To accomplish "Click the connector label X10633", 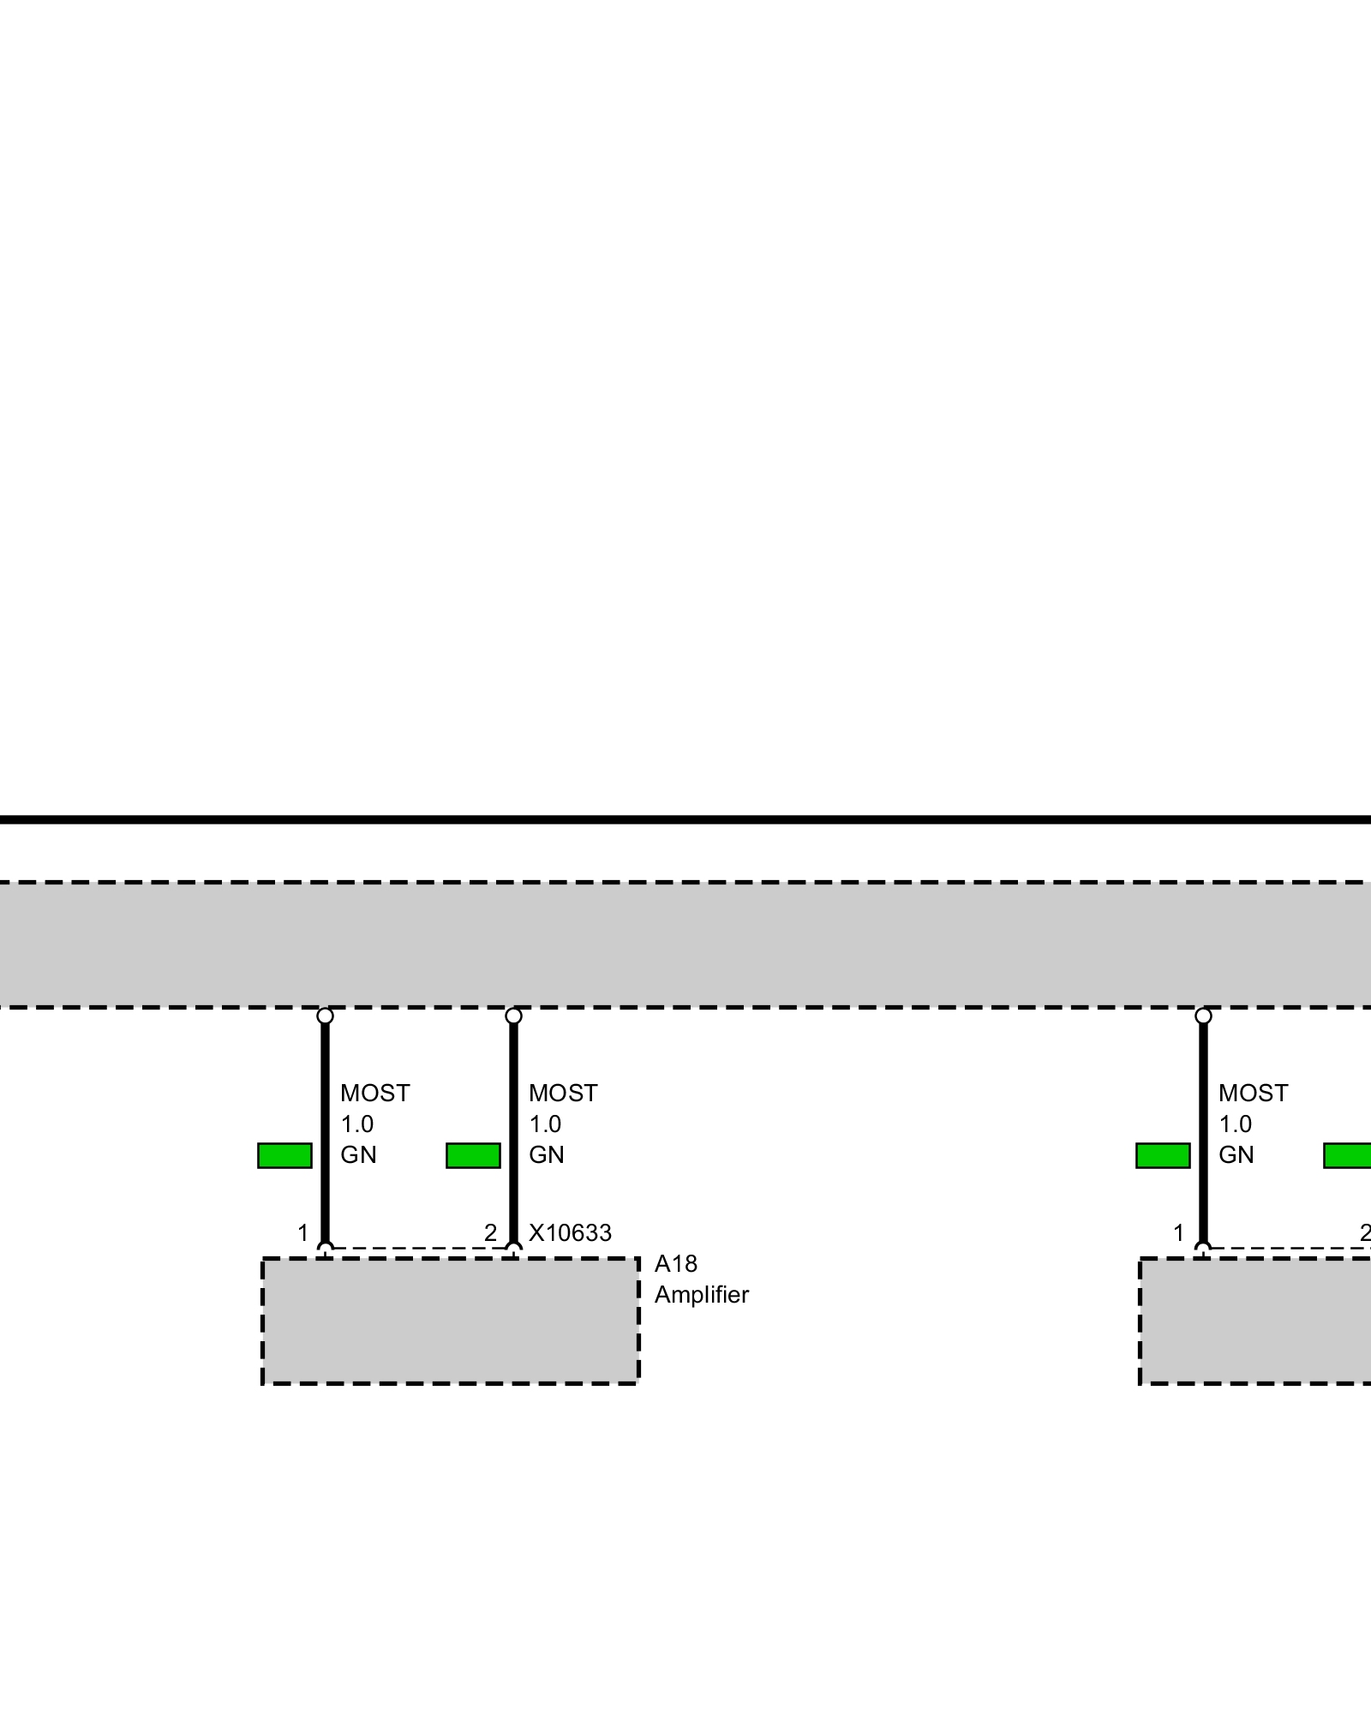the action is [x=570, y=1233].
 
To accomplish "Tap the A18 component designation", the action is [x=675, y=1264].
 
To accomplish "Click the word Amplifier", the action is [x=701, y=1295].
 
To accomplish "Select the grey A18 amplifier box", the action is [x=450, y=1321].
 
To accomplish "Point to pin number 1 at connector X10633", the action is [x=302, y=1233].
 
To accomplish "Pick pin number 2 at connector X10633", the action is [x=490, y=1233].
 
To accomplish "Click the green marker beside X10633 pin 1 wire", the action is [x=284, y=1155].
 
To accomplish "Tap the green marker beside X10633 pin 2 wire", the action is [x=473, y=1155].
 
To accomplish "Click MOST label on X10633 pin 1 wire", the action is [x=374, y=1094].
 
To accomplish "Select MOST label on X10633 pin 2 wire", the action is [x=563, y=1094].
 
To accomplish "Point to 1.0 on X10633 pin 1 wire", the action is [x=356, y=1124].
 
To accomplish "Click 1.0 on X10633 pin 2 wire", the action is [x=545, y=1124].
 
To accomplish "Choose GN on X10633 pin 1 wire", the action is [x=358, y=1155].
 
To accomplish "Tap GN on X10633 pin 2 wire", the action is [x=547, y=1155].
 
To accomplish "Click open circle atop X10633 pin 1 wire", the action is [x=325, y=1016].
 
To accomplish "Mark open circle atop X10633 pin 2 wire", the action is [x=513, y=1016].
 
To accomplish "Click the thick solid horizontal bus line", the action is [x=685, y=820].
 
